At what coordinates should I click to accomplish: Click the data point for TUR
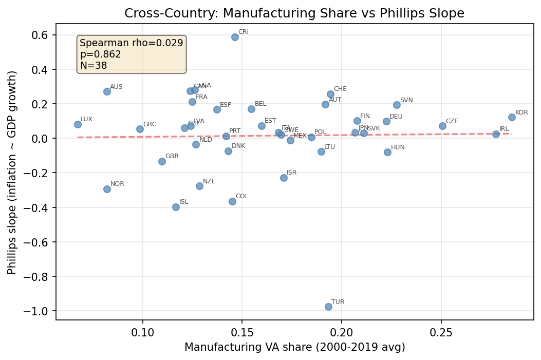tap(328, 307)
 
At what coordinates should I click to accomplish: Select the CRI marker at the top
tap(235, 37)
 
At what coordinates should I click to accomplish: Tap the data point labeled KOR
tap(512, 117)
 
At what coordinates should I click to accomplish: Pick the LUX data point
tap(78, 124)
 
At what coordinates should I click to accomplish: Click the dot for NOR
tap(107, 189)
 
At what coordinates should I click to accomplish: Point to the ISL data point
tap(176, 207)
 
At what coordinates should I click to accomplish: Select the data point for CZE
tap(442, 126)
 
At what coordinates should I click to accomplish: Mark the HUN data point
tap(387, 152)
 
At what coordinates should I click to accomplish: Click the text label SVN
tap(406, 100)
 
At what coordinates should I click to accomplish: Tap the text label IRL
tap(504, 129)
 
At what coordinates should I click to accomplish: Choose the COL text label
tap(242, 196)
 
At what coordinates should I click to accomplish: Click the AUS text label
tap(116, 87)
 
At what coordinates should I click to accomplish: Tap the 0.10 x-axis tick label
tap(143, 332)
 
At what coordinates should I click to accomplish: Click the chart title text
tap(294, 14)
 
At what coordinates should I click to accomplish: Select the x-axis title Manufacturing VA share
tap(294, 348)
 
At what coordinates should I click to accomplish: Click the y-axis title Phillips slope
tap(12, 173)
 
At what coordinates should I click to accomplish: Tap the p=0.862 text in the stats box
tap(101, 54)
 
